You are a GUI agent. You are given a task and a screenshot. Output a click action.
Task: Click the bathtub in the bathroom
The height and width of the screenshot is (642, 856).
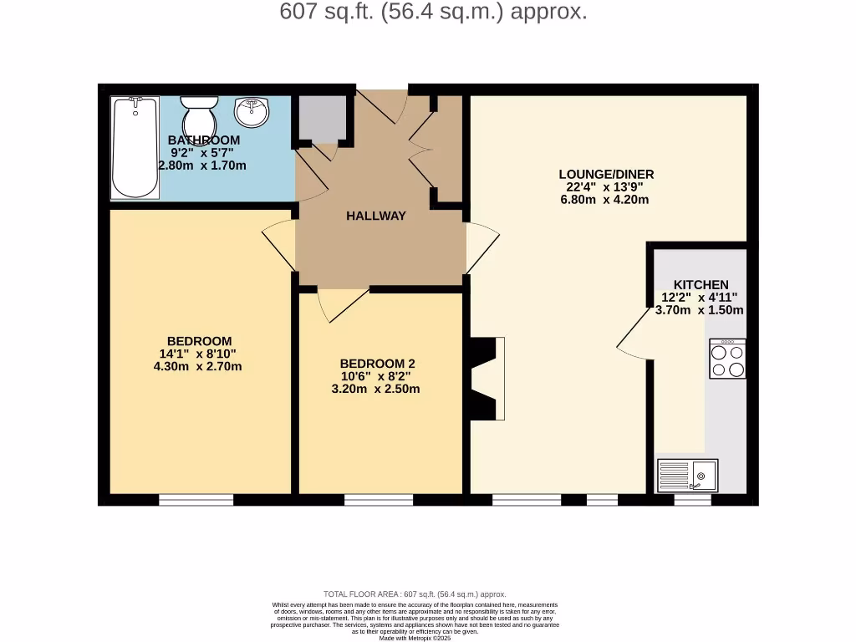click(135, 147)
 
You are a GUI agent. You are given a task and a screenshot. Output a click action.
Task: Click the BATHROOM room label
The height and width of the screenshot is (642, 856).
click(204, 140)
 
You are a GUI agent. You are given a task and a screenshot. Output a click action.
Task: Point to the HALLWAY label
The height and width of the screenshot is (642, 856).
click(376, 216)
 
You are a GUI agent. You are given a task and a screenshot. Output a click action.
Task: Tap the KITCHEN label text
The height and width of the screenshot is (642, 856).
click(701, 285)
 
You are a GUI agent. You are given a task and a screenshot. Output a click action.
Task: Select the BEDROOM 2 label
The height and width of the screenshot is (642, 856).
click(377, 364)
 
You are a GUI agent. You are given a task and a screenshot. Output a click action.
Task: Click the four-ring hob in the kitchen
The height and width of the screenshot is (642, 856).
click(727, 359)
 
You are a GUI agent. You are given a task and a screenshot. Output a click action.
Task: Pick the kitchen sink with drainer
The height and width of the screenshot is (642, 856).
click(687, 475)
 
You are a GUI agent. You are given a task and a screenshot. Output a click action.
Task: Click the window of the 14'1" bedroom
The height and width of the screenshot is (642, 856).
click(196, 500)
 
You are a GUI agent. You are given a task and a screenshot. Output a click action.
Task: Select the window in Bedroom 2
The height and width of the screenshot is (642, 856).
click(378, 500)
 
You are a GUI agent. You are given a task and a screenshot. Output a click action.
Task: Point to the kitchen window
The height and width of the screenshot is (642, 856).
click(692, 500)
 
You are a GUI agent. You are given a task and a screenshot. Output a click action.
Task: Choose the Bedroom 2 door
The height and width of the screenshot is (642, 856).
click(341, 305)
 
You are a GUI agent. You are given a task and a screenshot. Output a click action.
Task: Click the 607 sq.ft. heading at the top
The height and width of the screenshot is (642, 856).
click(432, 12)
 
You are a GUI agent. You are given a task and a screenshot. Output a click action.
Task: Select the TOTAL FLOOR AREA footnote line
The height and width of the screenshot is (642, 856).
click(415, 594)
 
